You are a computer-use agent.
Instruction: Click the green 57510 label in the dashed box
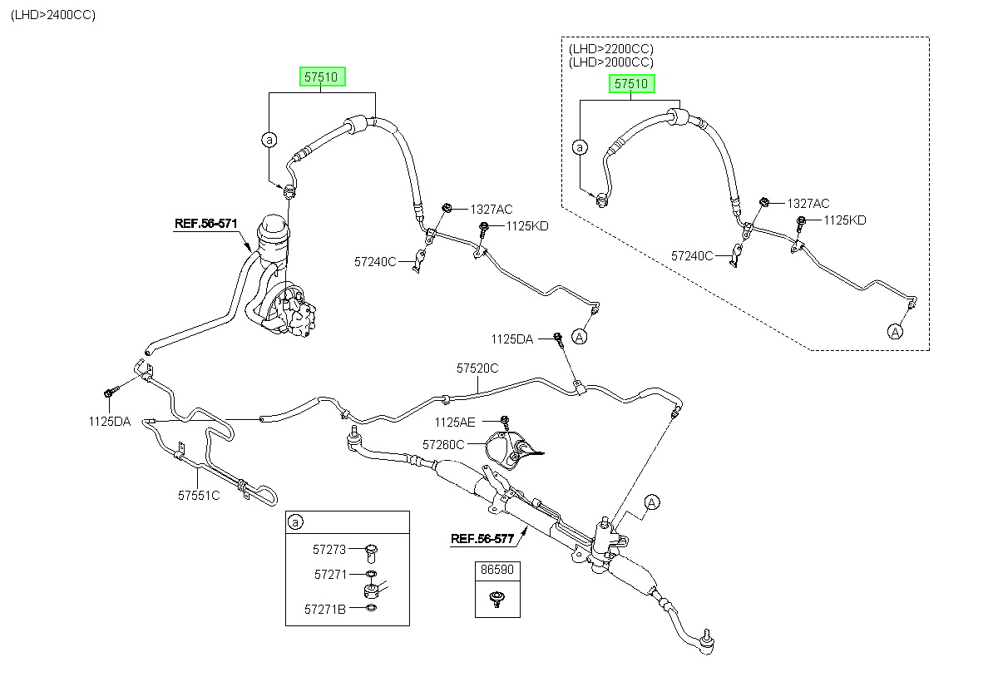[x=631, y=84]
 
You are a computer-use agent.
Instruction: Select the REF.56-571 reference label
[x=206, y=224]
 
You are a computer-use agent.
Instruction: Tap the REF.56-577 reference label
[x=482, y=539]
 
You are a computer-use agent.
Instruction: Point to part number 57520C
[x=477, y=368]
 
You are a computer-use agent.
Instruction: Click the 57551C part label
[x=199, y=496]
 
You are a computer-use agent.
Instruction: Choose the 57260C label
[x=443, y=445]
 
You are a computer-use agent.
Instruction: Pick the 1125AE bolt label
[x=455, y=422]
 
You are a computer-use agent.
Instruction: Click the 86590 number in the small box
[x=497, y=569]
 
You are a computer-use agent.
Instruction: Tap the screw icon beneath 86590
[x=496, y=599]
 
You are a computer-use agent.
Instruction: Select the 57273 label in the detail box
[x=329, y=550]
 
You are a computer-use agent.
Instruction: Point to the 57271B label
[x=325, y=610]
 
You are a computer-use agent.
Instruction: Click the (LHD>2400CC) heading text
[x=53, y=15]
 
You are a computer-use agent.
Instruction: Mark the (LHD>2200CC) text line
[x=611, y=48]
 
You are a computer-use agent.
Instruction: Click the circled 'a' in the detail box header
[x=295, y=521]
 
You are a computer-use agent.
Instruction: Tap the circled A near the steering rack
[x=652, y=502]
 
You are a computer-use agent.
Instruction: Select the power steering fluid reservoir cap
[x=273, y=224]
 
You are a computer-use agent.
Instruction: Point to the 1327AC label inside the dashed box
[x=808, y=204]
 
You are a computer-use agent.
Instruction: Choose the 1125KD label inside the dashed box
[x=845, y=220]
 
